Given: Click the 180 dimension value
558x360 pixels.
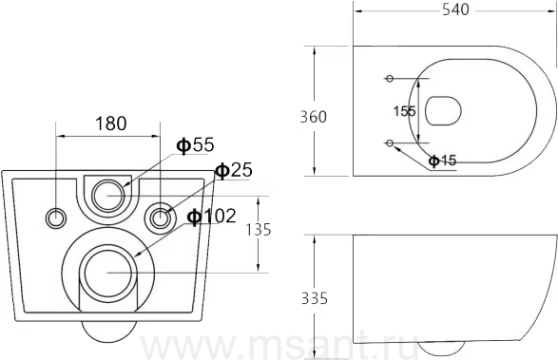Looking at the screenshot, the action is [x=110, y=123].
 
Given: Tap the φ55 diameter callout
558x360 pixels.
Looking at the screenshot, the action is [x=196, y=144].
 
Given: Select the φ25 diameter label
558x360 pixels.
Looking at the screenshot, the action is [x=234, y=170].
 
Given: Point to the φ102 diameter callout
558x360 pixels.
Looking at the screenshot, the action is [x=212, y=216].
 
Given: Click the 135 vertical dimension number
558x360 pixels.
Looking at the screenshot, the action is [x=259, y=230].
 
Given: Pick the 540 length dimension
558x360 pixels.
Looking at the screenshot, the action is [x=455, y=9].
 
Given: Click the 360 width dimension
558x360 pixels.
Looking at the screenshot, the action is [x=313, y=117].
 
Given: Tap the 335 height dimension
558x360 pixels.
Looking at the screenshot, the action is [x=315, y=298].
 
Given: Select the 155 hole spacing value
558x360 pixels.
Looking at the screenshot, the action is [x=405, y=111].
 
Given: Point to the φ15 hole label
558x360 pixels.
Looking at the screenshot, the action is [x=442, y=161].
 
